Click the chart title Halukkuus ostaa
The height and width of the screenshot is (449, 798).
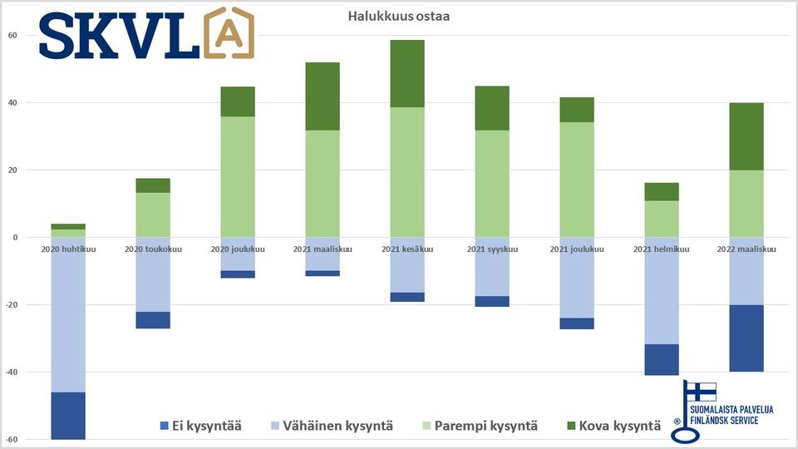[398, 17]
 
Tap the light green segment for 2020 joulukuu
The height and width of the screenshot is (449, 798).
[238, 176]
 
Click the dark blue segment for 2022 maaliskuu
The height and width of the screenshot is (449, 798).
[746, 338]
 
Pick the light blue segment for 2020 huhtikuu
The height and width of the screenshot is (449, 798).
[68, 314]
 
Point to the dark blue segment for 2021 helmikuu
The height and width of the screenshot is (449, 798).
[662, 359]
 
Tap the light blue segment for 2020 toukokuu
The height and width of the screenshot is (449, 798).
[153, 274]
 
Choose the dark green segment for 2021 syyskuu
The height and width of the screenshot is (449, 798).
[492, 108]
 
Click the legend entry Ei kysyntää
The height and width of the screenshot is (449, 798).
[200, 427]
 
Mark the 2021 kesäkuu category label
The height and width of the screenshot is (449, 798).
[406, 249]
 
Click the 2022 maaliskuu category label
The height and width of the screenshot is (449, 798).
[746, 249]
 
